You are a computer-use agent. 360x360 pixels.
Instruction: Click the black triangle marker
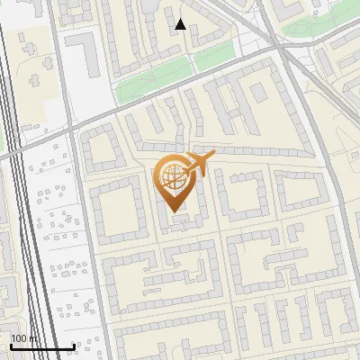click(x=180, y=24)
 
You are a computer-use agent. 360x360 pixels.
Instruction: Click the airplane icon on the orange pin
click(x=199, y=164)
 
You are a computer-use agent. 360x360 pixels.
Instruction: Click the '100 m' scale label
click(x=24, y=338)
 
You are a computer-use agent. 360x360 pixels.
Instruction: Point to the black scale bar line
click(x=41, y=347)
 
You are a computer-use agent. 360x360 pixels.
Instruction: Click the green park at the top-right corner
click(x=315, y=27)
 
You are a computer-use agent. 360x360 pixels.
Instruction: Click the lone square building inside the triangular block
click(x=258, y=92)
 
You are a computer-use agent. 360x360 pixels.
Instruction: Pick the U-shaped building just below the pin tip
click(x=184, y=221)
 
